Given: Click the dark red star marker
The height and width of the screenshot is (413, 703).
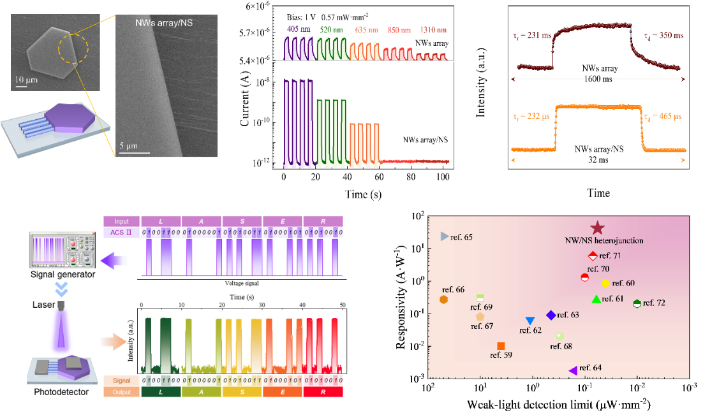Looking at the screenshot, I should click(x=597, y=228).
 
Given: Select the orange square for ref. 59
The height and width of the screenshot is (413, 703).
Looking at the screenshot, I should click(x=501, y=346).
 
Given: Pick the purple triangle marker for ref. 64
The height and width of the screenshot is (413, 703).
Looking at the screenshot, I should click(x=573, y=370).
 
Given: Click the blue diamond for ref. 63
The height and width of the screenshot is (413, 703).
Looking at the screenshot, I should click(x=551, y=315).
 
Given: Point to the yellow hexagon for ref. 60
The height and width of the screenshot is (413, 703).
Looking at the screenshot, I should click(x=605, y=283).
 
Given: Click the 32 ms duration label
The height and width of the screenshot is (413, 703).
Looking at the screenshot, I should click(x=598, y=161).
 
